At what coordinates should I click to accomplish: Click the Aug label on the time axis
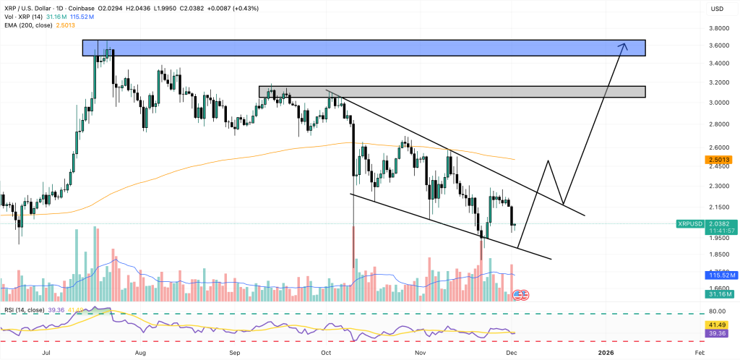click(140, 352)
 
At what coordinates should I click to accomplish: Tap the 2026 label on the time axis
click(606, 352)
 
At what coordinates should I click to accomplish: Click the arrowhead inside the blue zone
click(623, 46)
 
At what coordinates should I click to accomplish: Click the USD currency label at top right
click(718, 9)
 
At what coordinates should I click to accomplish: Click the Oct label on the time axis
click(326, 352)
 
